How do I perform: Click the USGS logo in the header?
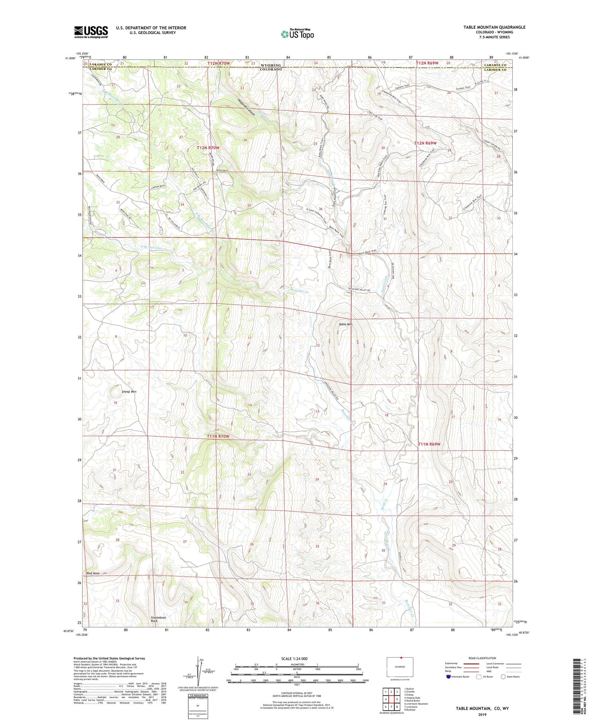(x=91, y=32)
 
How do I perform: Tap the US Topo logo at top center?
(x=297, y=34)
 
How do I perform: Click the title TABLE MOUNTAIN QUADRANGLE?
(x=488, y=27)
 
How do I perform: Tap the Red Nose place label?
(x=93, y=573)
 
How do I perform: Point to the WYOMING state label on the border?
(x=271, y=65)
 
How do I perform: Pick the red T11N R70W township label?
(x=218, y=436)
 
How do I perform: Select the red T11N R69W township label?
(x=429, y=444)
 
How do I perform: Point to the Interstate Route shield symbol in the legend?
(x=448, y=677)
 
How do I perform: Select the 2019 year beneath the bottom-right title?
(x=482, y=714)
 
